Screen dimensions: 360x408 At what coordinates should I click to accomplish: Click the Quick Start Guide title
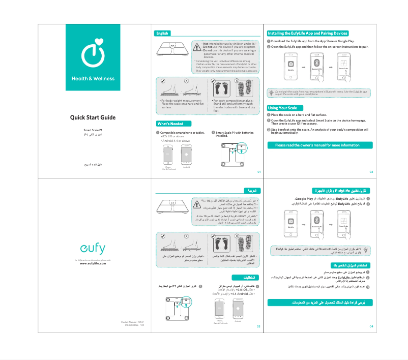93,117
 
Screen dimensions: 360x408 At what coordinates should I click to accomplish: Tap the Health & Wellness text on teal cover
93,79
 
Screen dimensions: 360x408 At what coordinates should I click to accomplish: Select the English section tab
162,34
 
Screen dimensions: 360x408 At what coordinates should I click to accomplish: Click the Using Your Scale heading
283,108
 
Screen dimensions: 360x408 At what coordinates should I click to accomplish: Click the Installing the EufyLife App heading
307,34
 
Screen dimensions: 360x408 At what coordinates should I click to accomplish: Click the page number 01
258,172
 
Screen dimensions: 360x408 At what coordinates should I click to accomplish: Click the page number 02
371,172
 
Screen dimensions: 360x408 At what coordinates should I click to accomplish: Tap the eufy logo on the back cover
93,249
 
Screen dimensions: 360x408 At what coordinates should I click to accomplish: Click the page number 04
371,325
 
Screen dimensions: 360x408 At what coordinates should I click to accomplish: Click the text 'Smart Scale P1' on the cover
93,131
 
